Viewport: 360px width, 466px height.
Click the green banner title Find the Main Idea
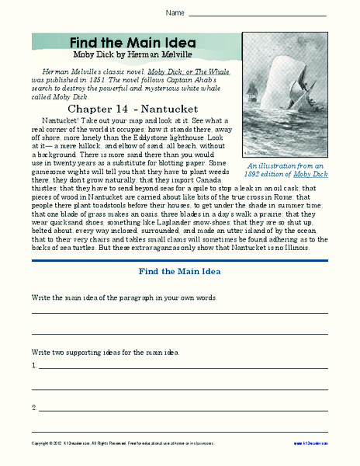pyautogui.click(x=133, y=43)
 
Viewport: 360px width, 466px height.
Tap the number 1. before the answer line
pyautogui.click(x=35, y=364)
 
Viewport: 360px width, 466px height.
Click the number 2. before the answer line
pyautogui.click(x=35, y=406)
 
